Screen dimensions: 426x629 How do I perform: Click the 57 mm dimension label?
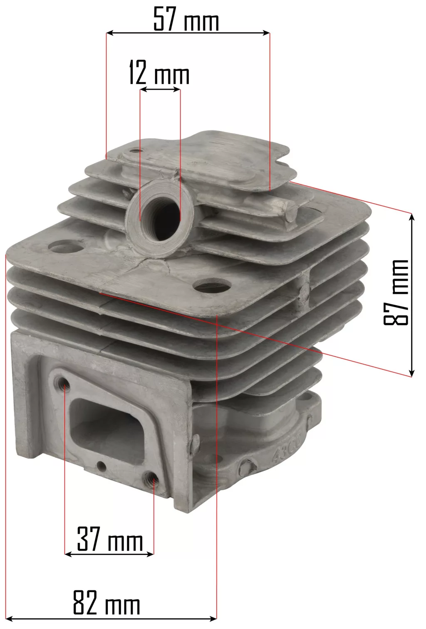click(186, 19)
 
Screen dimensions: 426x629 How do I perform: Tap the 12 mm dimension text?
click(159, 72)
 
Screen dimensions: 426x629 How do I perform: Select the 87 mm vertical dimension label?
click(396, 292)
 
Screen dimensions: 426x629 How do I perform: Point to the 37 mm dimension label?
click(110, 539)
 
